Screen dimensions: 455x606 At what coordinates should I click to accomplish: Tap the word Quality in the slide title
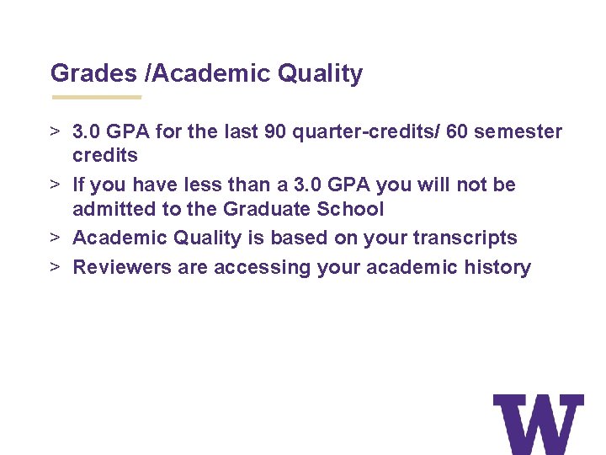pos(321,73)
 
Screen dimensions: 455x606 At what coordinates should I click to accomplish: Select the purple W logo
pos(538,424)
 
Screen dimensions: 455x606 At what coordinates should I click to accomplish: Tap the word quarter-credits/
pos(353,131)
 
